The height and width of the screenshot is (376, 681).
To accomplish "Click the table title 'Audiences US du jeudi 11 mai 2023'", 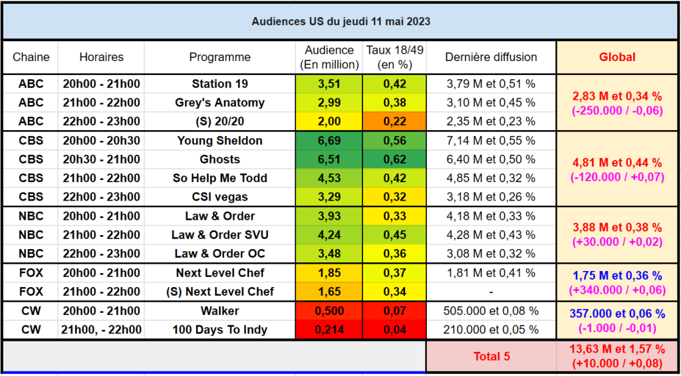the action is coord(341,22).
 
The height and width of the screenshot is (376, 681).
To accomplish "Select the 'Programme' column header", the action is coord(219,57).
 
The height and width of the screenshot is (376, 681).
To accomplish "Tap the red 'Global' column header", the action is coord(617,57).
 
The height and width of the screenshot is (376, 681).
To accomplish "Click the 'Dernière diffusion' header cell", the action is coord(491,57).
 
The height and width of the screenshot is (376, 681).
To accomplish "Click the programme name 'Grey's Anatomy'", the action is coord(219,103).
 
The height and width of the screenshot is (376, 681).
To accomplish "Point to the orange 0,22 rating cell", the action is coord(394,122).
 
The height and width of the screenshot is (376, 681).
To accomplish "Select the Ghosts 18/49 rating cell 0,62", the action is coord(394,159).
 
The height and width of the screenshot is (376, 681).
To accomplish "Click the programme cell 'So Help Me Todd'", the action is coord(219,178).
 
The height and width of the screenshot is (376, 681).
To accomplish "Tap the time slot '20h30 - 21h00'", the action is coord(101,159).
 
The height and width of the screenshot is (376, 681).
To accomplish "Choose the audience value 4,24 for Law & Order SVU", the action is coord(329,235).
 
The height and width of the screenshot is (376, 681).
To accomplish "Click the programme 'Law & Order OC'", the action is coord(219,253).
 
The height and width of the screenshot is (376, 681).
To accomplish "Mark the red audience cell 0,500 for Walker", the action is coord(329,312).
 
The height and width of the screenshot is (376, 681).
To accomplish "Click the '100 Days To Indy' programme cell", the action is coord(219,329).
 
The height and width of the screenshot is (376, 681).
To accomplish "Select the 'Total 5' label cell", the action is coord(491,357).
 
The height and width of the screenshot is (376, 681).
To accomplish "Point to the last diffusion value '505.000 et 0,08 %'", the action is coord(491,311).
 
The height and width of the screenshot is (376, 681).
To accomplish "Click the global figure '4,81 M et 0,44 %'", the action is coord(617,163).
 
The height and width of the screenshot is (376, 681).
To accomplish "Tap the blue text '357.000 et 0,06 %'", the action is coord(617,314).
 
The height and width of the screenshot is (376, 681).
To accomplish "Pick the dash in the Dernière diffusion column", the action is coord(491,292).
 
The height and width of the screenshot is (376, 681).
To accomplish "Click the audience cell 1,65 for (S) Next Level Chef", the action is coord(329,292).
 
